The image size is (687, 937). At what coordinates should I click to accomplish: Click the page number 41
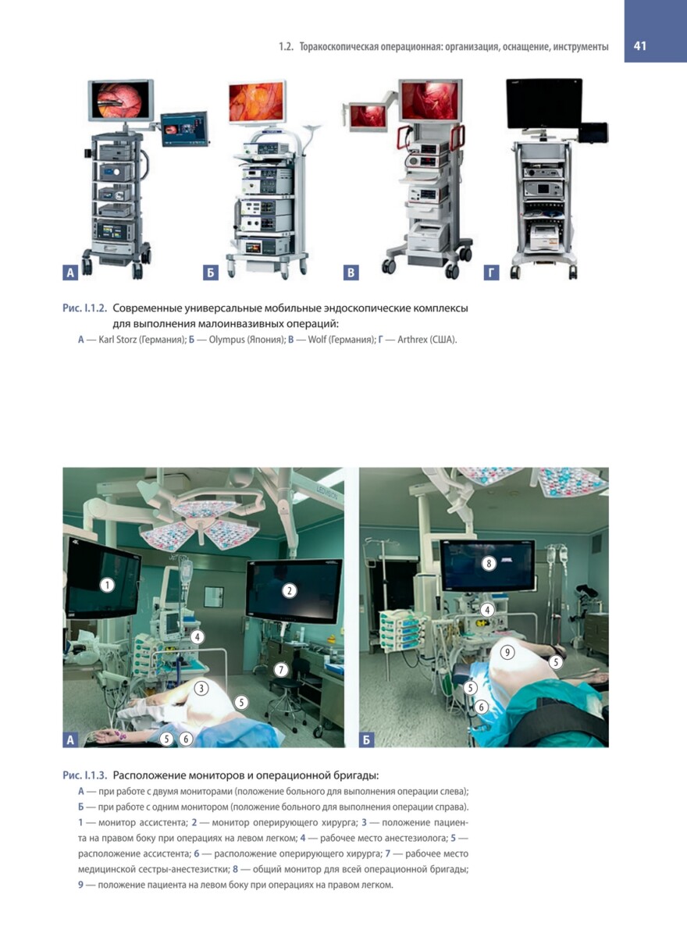point(639,46)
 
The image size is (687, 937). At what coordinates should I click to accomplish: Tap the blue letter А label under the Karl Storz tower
point(70,273)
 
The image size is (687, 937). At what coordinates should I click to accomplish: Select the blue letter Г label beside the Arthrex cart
point(491,273)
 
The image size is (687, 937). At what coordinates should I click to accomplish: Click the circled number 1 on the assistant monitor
point(108,585)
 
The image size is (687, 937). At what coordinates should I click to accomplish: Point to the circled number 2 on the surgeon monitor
point(289,590)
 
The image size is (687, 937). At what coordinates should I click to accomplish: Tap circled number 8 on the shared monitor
point(489,564)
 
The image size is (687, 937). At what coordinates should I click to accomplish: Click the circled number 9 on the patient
point(507,652)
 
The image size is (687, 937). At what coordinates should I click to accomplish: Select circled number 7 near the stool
point(281,670)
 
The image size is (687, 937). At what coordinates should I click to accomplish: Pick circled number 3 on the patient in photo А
point(201,688)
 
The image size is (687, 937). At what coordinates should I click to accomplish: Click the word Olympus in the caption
point(226,339)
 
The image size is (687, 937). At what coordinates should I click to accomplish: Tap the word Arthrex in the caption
point(411,339)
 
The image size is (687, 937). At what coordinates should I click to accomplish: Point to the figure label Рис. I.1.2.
point(85,308)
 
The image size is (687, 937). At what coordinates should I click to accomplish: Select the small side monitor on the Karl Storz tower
point(184,129)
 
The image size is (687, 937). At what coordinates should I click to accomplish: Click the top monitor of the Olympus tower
point(257,102)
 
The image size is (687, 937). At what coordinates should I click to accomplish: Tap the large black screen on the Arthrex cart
point(544,103)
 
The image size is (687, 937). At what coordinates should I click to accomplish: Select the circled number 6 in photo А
point(186,739)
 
